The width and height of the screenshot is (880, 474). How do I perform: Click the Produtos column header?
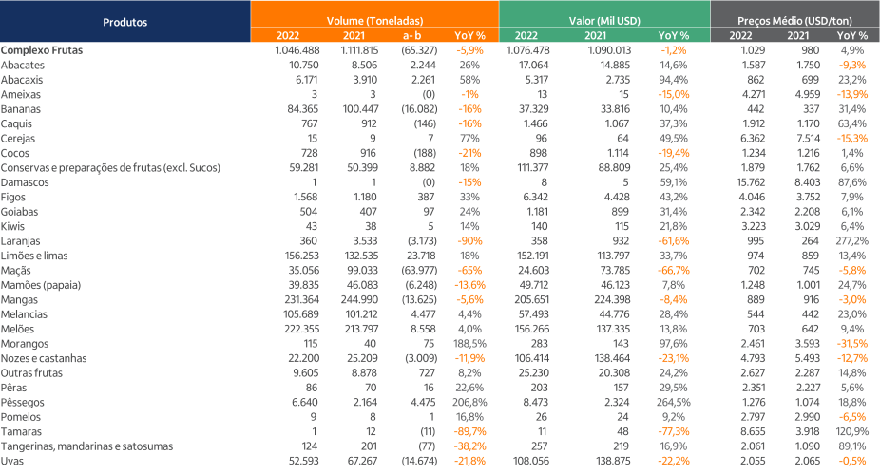[124, 20]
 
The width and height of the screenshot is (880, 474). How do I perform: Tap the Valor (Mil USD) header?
[603, 20]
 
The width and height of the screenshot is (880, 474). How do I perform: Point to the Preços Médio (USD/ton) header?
[794, 20]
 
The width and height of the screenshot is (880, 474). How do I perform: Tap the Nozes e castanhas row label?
[44, 358]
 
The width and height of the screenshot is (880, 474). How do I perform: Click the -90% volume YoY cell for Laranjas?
[471, 242]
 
